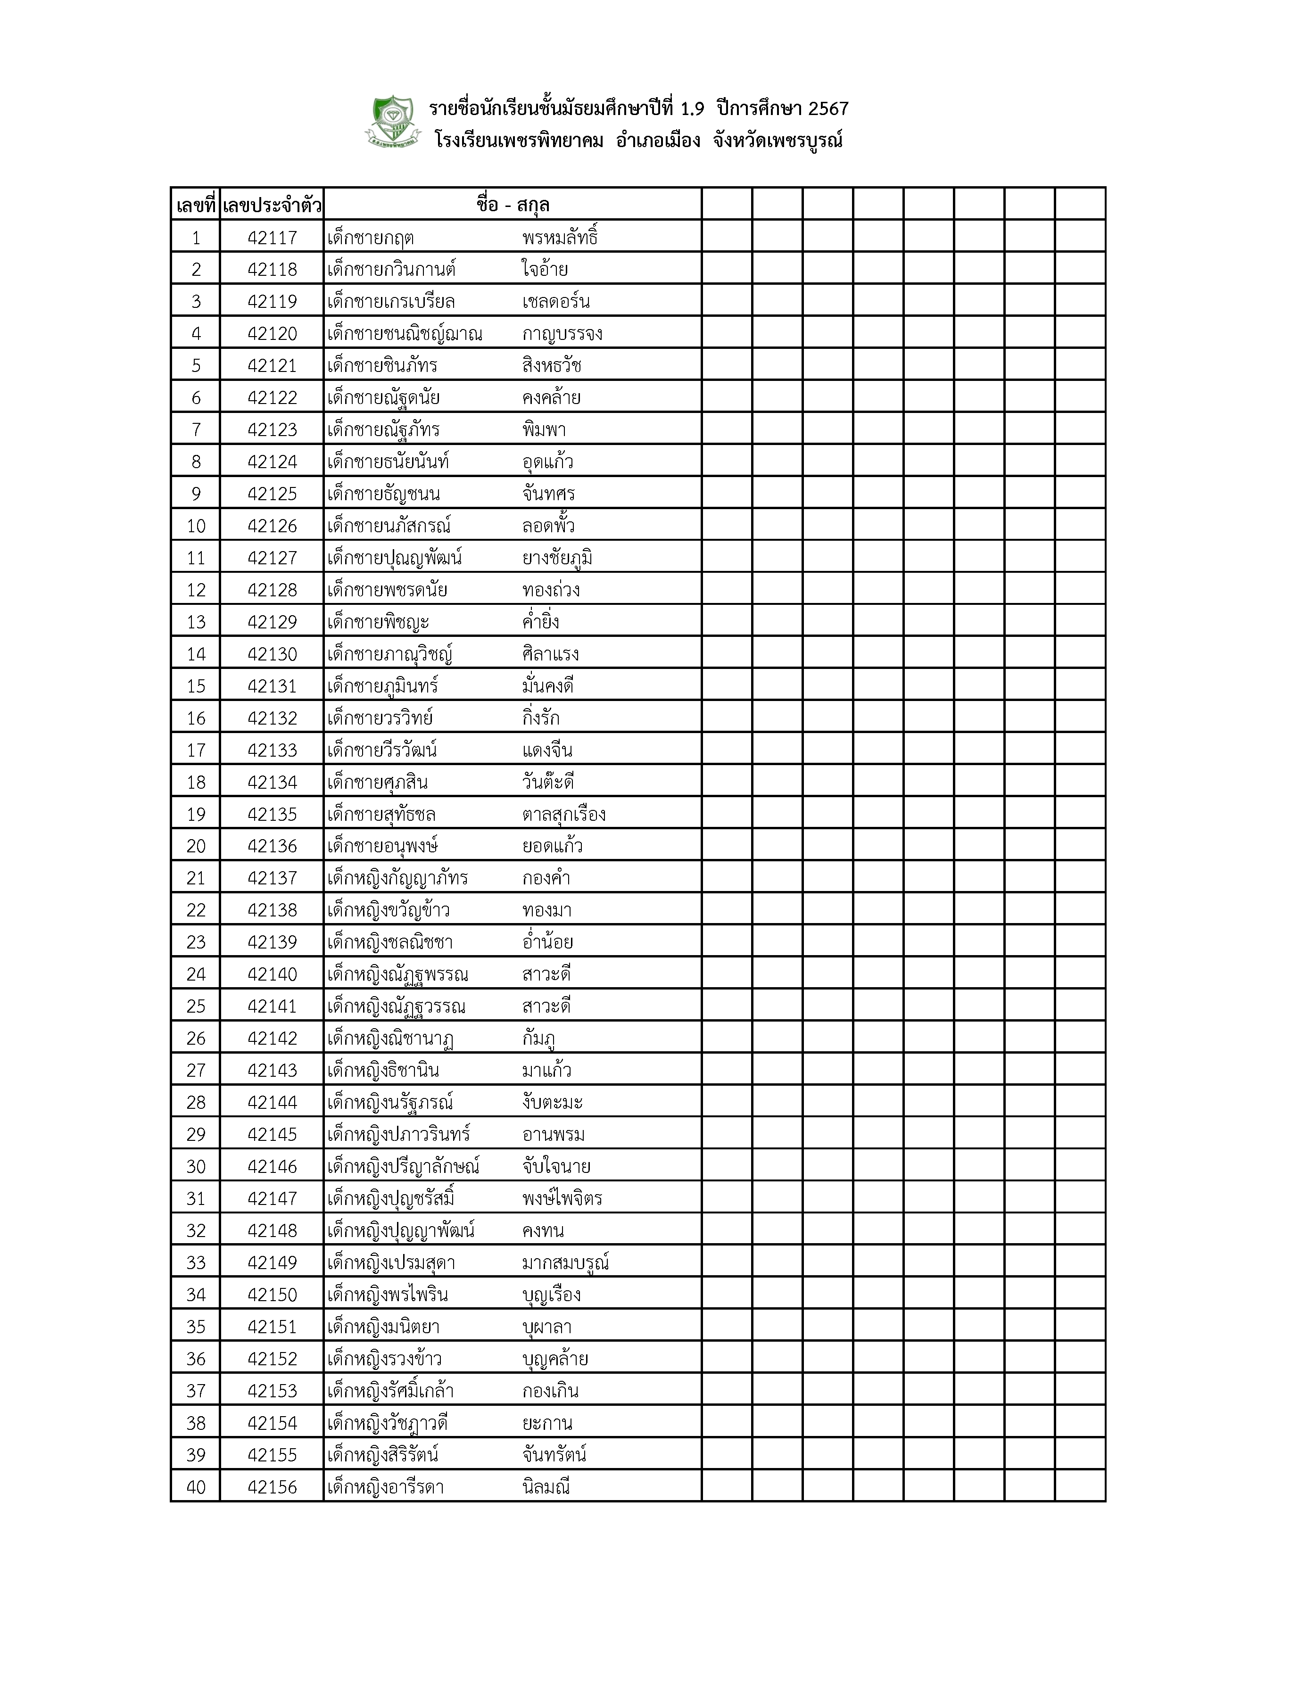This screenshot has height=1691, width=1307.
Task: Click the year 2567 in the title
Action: tap(827, 108)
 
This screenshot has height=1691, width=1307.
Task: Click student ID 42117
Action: tap(272, 238)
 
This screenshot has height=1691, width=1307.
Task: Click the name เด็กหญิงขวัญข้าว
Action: tap(389, 910)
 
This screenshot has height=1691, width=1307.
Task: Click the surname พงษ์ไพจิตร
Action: tap(562, 1198)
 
